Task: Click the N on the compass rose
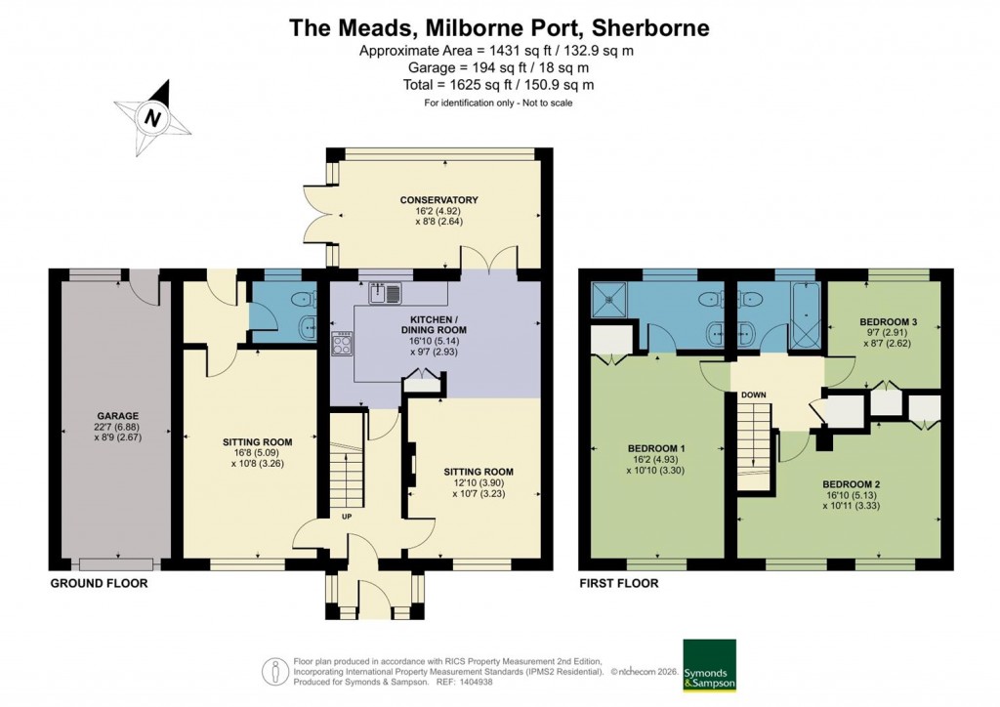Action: [x=152, y=118]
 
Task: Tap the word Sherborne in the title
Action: [x=645, y=26]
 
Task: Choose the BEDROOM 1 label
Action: [x=656, y=449]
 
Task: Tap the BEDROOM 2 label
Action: [x=852, y=484]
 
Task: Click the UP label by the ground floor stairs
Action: [x=347, y=516]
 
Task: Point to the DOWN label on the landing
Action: [x=753, y=395]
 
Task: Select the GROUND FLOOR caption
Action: [x=100, y=583]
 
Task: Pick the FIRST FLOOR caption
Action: [x=618, y=583]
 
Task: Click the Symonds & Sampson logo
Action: [x=709, y=665]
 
